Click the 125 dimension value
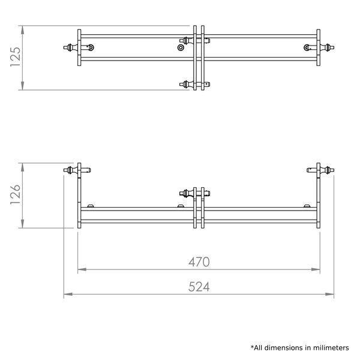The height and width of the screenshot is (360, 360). (16, 57)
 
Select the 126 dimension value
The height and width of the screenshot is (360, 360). (16, 194)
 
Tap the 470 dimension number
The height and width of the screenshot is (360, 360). (199, 262)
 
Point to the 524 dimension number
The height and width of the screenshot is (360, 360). (199, 287)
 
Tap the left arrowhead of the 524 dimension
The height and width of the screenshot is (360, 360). (68, 294)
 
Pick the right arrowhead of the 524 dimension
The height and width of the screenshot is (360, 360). (329, 294)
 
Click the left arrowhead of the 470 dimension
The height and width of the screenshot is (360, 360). (82, 269)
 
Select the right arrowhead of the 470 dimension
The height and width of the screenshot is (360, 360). (316, 269)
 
